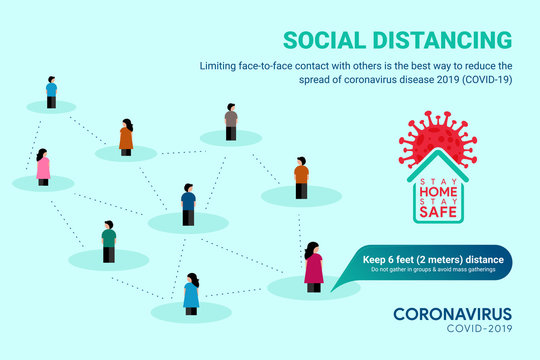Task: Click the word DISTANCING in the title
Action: tap(442, 40)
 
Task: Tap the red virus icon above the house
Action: tap(437, 137)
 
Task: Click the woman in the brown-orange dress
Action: tap(126, 137)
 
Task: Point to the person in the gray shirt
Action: tap(231, 121)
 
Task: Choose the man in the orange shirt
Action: tap(301, 177)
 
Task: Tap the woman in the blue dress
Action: tap(191, 294)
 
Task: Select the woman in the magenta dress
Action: tap(313, 266)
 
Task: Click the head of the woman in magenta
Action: tap(312, 247)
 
